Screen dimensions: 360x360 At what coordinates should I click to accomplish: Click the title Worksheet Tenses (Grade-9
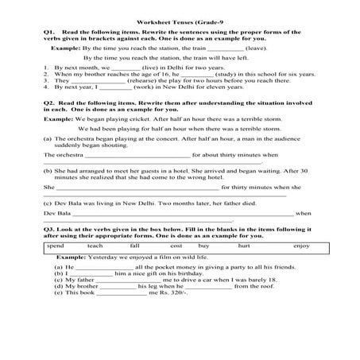(180, 19)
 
